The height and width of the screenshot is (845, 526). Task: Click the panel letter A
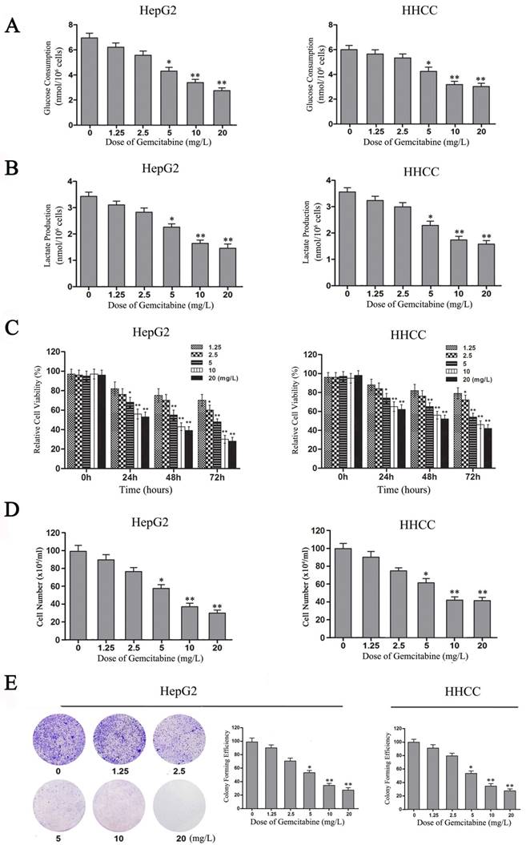tap(12, 26)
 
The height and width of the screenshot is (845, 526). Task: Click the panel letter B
tap(12, 171)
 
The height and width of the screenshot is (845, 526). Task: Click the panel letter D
tap(12, 510)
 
